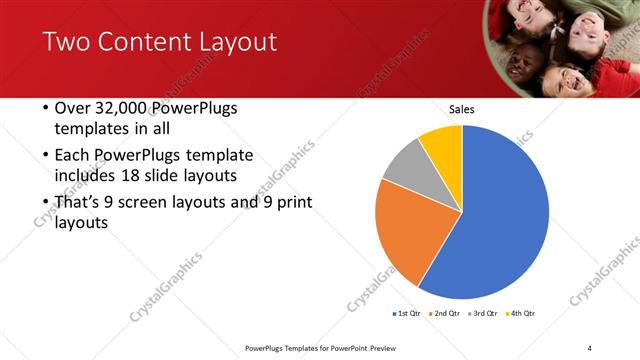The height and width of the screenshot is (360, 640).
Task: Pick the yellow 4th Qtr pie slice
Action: [443, 143]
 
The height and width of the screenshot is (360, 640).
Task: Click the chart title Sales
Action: [461, 109]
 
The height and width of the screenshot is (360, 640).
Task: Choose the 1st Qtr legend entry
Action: [408, 314]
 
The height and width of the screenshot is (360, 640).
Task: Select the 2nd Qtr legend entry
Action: [446, 314]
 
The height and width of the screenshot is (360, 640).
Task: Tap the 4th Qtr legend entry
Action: [522, 314]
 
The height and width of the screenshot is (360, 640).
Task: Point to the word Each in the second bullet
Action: [72, 156]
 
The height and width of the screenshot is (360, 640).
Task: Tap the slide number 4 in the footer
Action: [590, 347]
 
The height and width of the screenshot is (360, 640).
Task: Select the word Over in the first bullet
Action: [74, 108]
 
